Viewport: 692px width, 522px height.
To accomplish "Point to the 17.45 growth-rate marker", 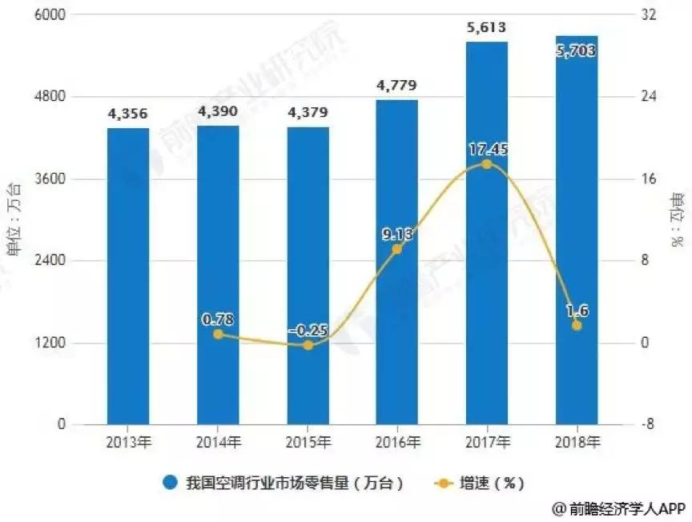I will point(486,164).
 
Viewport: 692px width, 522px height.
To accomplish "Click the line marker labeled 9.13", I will point(396,249).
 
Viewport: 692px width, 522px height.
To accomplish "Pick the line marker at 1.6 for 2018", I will point(576,326).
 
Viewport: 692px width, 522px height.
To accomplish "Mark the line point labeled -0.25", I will point(308,345).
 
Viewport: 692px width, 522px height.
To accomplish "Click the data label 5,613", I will point(486,29).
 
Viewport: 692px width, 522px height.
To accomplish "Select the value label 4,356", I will point(127,114).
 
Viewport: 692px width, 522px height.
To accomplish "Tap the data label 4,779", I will point(396,86).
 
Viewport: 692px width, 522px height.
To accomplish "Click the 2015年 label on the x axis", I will point(308,441).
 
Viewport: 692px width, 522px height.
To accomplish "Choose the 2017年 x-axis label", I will point(486,441).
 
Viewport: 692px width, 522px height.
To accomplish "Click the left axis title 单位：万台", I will point(14,218).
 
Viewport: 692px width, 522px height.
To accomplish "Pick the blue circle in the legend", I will point(170,483).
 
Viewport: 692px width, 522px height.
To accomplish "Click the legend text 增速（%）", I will point(491,483).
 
